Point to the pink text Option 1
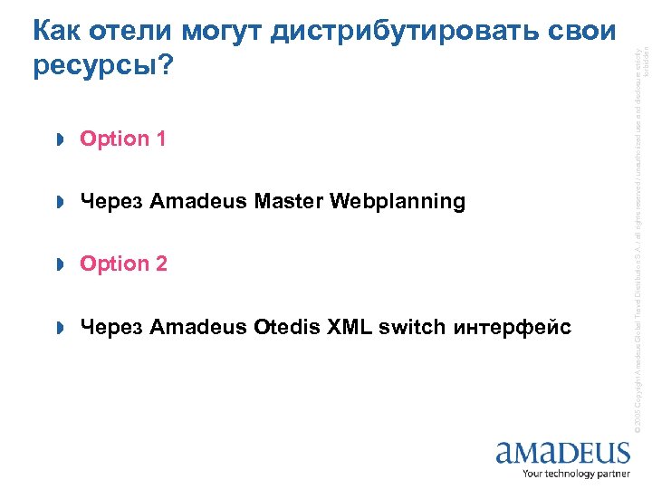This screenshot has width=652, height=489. [123, 139]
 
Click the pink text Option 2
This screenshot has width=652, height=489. [123, 264]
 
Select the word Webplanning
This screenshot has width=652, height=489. [398, 201]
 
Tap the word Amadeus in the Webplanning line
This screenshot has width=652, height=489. [197, 201]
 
